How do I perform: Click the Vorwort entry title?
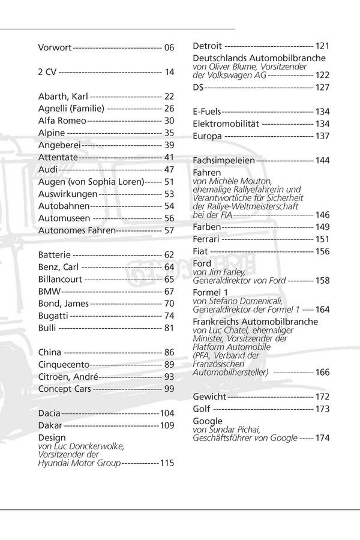55,47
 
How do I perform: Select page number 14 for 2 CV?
169,72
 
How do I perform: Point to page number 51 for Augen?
169,181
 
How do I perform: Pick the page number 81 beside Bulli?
169,328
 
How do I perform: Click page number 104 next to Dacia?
166,413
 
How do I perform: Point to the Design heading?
51,437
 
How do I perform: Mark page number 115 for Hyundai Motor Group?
166,463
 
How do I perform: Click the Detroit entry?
208,46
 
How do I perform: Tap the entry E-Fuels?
207,112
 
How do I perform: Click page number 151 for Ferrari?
322,239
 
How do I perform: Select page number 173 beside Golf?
322,409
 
